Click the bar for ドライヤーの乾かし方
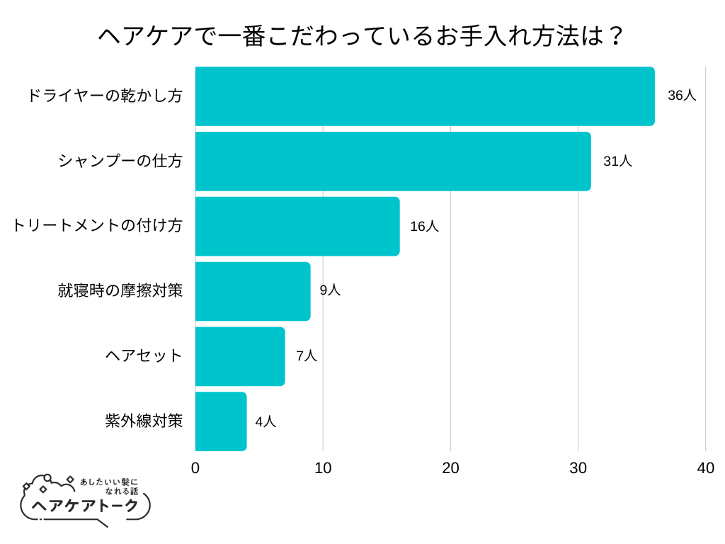coord(425,96)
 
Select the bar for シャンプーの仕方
coord(393,161)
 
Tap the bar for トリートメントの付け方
coord(297,227)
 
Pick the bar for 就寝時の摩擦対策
coord(253,291)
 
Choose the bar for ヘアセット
coord(240,356)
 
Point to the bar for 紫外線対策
coord(221,421)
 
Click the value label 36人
coord(682,96)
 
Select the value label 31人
coord(617,161)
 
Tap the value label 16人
coord(424,227)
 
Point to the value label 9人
coord(330,290)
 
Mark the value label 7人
coord(306,356)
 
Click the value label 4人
coord(266,422)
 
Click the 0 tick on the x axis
coord(195,468)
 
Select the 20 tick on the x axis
coord(450,468)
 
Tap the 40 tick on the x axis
coord(705,468)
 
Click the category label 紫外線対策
coord(144,421)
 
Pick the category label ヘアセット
coord(144,356)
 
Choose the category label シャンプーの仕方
coord(120,161)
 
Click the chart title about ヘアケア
coord(361,35)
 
